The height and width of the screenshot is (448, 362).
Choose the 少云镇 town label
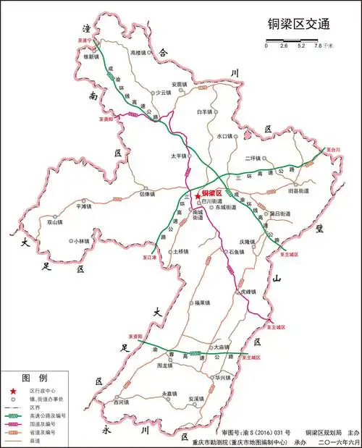(161, 93)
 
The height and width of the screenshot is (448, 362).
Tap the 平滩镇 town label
(83, 206)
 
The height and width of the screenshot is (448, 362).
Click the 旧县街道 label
(299, 191)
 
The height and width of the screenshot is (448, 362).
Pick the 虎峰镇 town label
(248, 292)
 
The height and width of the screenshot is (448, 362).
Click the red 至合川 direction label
(334, 149)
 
